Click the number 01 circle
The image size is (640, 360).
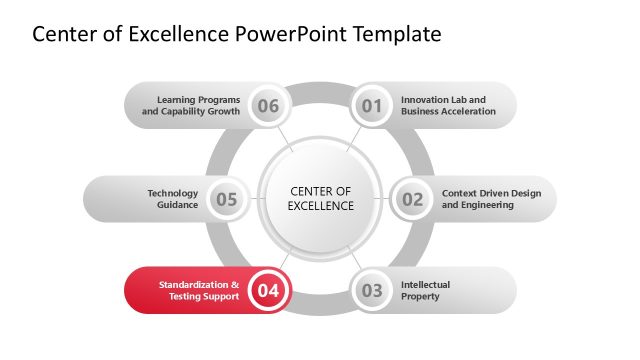372,105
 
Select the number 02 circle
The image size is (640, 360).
413,199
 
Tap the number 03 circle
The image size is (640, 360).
372,291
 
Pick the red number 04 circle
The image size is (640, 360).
268,291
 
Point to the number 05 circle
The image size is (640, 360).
227,199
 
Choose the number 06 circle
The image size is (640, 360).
268,105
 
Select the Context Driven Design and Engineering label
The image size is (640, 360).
492,199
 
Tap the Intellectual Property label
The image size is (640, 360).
425,291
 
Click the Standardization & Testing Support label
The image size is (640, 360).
199,291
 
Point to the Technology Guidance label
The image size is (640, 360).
173,199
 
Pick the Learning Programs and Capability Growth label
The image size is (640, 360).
192,105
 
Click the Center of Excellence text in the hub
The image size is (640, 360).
321,199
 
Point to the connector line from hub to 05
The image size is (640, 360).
253,199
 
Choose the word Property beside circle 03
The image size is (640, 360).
421,297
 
